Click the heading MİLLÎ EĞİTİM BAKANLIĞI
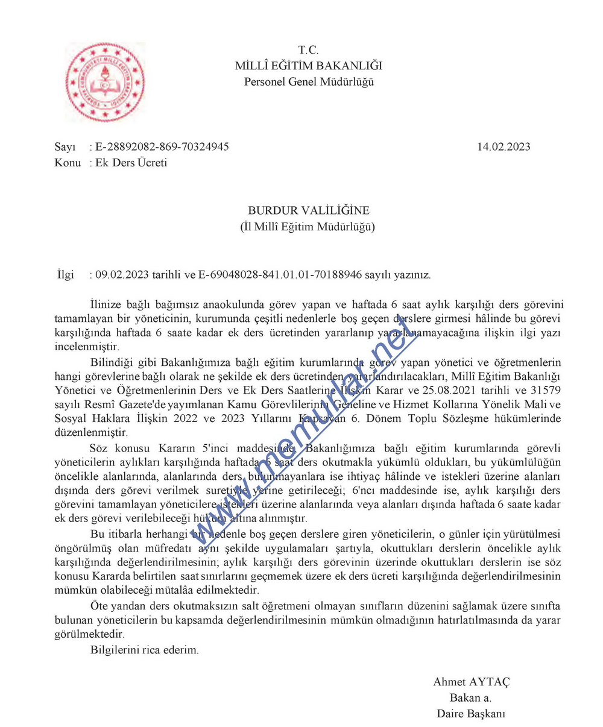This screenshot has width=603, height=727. (308, 66)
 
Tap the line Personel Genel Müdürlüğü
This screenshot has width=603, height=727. (308, 81)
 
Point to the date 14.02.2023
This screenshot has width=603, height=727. (504, 146)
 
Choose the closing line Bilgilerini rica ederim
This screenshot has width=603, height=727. (144, 650)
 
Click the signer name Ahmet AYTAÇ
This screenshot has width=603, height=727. (471, 682)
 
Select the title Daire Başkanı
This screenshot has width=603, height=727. (471, 714)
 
